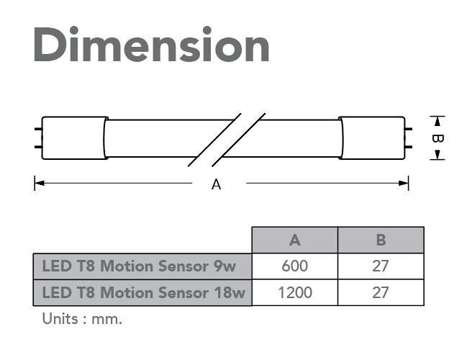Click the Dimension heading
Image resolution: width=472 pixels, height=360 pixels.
[151, 44]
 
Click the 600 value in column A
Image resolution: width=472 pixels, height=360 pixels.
[295, 266]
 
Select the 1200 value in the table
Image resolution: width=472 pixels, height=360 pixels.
[295, 292]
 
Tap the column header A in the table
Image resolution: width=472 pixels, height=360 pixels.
[295, 240]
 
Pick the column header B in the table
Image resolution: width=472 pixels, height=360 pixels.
[381, 240]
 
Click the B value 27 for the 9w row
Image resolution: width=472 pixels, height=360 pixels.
[381, 266]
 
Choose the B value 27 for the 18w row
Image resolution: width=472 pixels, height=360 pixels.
[381, 292]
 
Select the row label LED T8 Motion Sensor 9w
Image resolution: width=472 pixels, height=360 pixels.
[139, 266]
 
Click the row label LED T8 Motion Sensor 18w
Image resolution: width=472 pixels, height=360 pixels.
[144, 292]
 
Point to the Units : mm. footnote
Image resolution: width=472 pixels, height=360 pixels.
[82, 319]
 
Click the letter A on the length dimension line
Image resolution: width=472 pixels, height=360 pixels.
[216, 184]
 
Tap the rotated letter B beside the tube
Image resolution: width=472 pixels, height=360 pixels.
[437, 138]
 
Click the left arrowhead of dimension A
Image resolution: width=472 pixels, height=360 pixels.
[40, 183]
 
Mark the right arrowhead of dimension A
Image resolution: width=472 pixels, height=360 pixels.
[404, 183]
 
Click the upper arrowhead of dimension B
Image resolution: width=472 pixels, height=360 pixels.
[437, 122]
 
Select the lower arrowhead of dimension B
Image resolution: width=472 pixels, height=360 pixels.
[437, 155]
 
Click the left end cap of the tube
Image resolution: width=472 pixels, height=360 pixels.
[74, 138]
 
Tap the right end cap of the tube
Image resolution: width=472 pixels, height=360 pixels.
[372, 138]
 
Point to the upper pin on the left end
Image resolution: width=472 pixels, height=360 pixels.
[38, 129]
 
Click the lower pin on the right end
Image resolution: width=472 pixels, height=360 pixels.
[409, 147]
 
